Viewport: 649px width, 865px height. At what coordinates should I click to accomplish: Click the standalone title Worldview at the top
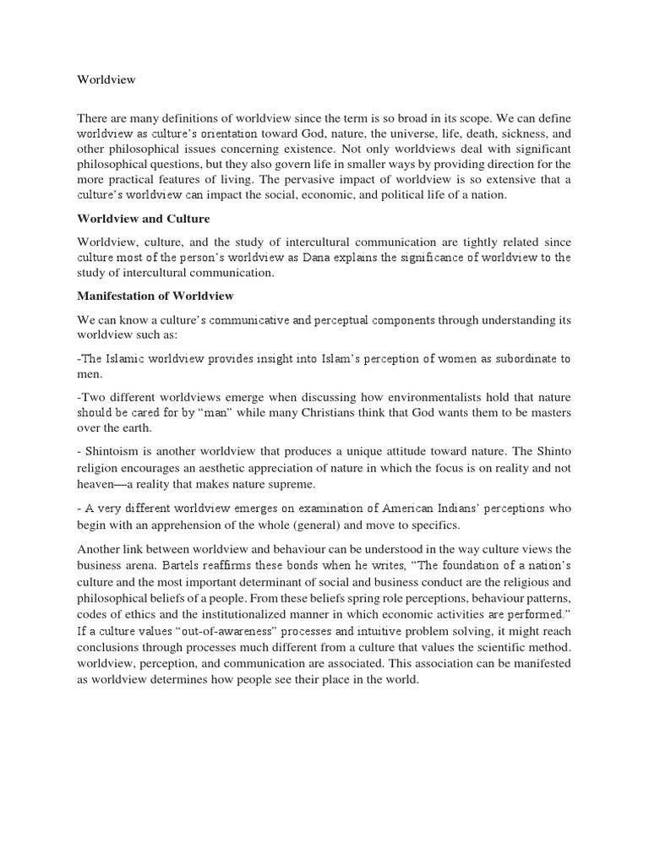(x=106, y=79)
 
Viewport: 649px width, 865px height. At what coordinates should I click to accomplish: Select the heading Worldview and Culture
(x=143, y=219)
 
